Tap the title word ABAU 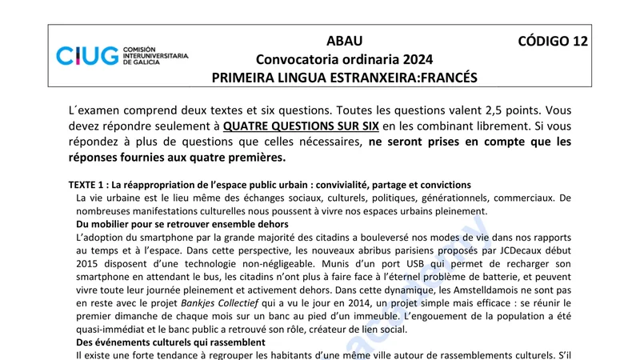pos(344,42)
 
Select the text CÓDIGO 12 pos(553,42)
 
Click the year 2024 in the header pos(414,59)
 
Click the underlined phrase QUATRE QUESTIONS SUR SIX pos(301,126)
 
